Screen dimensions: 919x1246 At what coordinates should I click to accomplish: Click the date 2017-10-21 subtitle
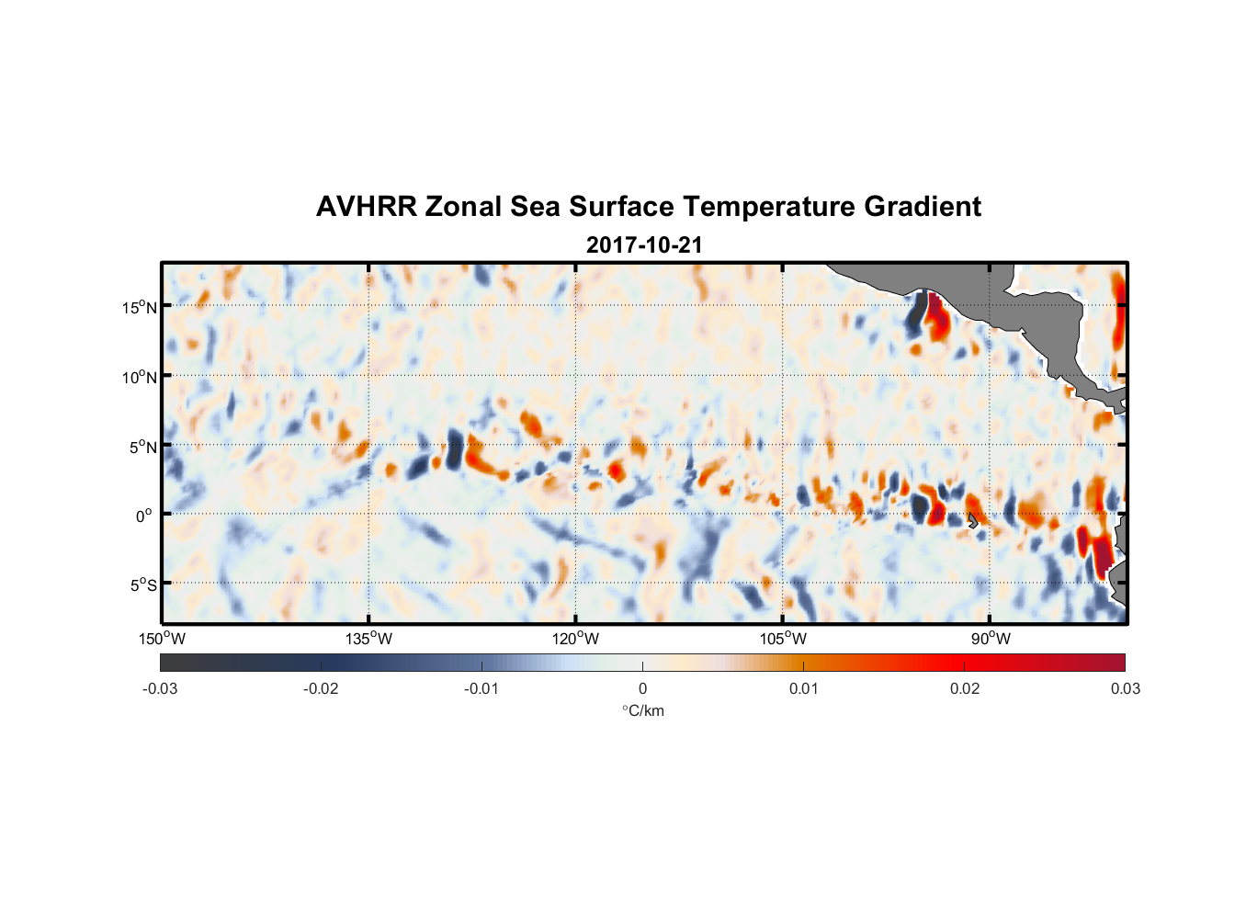(x=644, y=245)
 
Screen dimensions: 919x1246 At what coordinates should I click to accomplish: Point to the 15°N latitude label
(x=140, y=307)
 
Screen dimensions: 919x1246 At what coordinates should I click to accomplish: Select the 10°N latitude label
(x=140, y=377)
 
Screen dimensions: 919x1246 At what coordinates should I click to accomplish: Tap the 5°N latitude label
(x=142, y=447)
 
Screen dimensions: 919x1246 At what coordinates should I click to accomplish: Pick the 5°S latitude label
(x=142, y=585)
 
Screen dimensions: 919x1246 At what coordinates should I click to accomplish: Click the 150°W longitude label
(x=163, y=639)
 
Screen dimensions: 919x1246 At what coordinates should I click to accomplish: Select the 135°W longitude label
(x=369, y=639)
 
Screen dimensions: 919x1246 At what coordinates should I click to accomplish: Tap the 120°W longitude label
(x=576, y=639)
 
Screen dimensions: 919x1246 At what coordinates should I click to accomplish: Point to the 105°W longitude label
(x=783, y=639)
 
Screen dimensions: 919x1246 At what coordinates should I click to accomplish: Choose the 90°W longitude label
(x=991, y=639)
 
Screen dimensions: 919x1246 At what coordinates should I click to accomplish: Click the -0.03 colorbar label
(x=160, y=689)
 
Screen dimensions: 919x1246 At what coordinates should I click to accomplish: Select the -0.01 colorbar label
(x=481, y=689)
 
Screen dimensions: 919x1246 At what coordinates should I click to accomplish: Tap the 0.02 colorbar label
(x=965, y=689)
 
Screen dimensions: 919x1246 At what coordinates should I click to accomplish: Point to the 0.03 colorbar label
(x=1125, y=689)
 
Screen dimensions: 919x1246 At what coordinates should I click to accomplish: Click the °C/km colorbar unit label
(x=643, y=710)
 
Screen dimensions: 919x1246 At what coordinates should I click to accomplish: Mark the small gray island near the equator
(x=973, y=521)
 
